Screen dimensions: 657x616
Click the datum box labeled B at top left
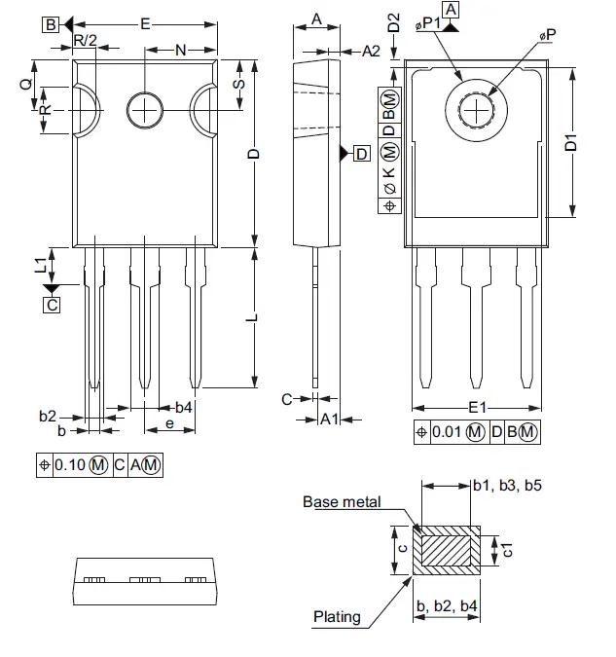(x=51, y=25)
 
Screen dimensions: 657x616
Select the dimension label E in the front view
(x=145, y=24)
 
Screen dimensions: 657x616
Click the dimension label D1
(x=572, y=142)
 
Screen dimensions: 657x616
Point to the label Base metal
(x=341, y=502)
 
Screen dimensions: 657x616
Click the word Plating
(x=337, y=616)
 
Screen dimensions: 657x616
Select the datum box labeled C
(x=52, y=305)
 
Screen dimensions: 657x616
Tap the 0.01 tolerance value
(x=446, y=432)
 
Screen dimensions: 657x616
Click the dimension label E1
(x=477, y=408)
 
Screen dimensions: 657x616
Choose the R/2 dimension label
(x=86, y=40)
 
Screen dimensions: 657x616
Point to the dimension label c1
(x=506, y=551)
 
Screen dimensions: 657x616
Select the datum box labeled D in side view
(x=361, y=154)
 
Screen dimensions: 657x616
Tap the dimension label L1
(x=40, y=265)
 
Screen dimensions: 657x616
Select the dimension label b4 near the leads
(x=183, y=407)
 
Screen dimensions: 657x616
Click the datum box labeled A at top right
(x=462, y=10)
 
